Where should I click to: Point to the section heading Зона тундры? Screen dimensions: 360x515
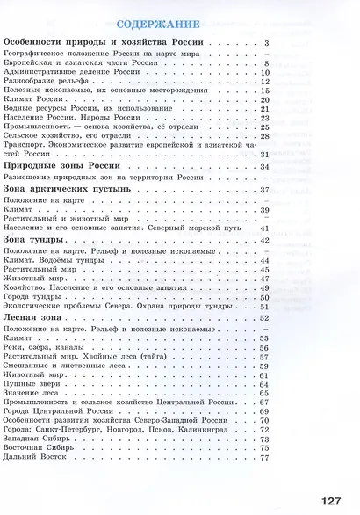tap(34, 239)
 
